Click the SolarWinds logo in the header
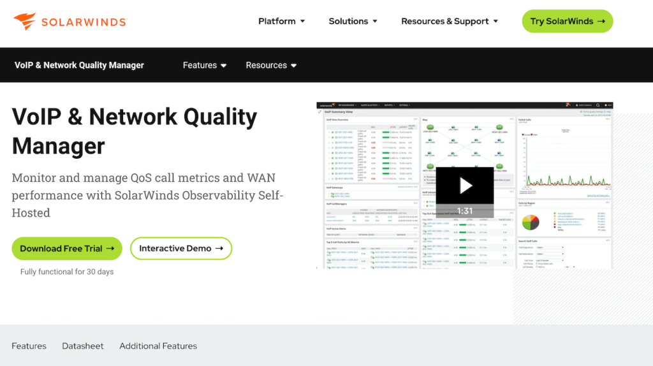[x=70, y=22]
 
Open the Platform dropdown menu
[x=281, y=21]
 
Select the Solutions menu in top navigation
[x=353, y=21]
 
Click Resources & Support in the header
[x=449, y=21]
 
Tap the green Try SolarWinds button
[x=567, y=21]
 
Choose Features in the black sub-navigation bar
[x=204, y=65]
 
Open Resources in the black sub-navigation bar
[x=271, y=65]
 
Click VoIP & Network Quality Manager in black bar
[x=79, y=65]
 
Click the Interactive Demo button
[x=181, y=249]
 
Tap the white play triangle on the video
[x=466, y=186]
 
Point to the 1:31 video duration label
[x=465, y=211]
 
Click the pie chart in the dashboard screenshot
[x=531, y=222]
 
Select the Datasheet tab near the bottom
[x=83, y=346]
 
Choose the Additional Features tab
[x=158, y=346]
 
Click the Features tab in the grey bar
[x=29, y=346]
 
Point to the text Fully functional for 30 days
[x=67, y=272]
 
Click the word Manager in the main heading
[x=59, y=146]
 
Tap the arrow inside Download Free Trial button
[x=110, y=249]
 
